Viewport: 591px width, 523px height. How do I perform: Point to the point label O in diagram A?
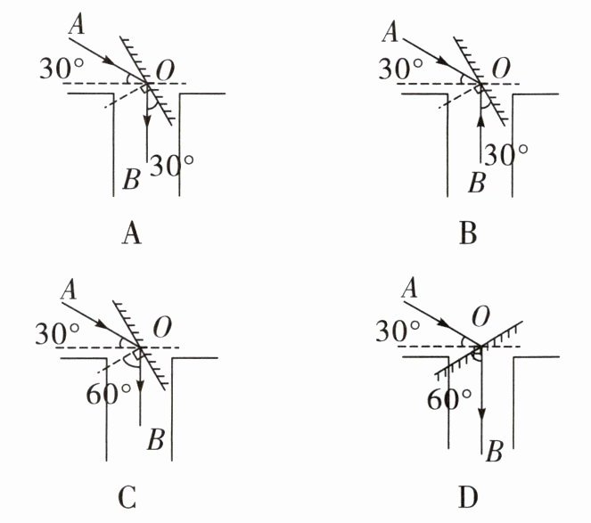(165, 69)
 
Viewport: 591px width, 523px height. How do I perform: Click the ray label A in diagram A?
(76, 25)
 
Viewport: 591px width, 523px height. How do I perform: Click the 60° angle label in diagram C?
(104, 393)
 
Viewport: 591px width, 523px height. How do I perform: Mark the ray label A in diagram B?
(390, 34)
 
